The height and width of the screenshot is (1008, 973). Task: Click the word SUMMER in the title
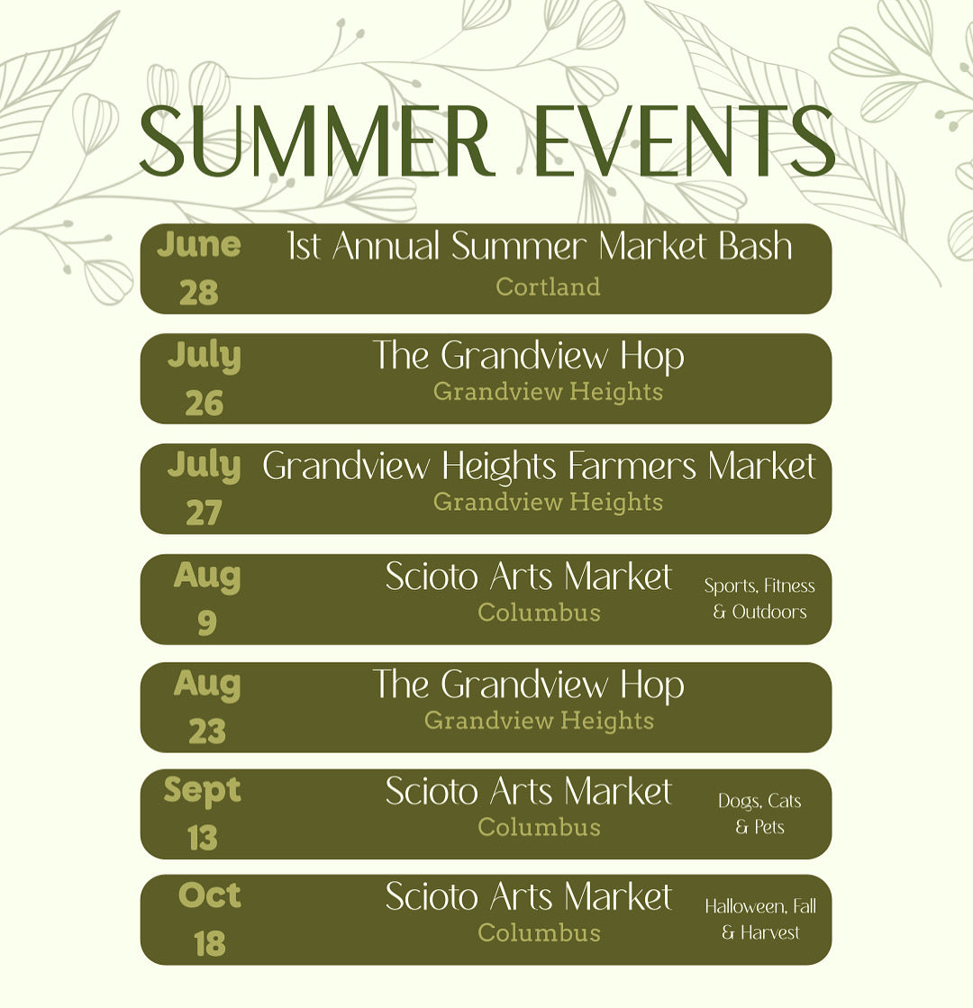tap(316, 141)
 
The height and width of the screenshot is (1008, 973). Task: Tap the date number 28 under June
tap(199, 293)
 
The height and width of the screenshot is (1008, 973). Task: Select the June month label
tap(199, 245)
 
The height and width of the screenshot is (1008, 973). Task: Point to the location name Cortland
tap(548, 286)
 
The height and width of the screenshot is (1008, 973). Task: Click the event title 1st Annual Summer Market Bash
tap(540, 246)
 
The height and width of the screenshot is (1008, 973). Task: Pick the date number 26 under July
tap(204, 404)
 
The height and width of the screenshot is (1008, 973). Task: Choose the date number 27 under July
tap(204, 513)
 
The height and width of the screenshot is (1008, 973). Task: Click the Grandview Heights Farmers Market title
tap(539, 467)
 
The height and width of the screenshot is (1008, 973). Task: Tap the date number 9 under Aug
tap(206, 622)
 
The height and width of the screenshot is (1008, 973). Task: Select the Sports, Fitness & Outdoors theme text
tap(759, 598)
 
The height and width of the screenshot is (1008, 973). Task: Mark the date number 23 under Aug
tap(207, 731)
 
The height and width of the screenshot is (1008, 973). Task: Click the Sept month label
tap(202, 791)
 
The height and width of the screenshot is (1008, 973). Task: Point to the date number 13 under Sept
tap(203, 839)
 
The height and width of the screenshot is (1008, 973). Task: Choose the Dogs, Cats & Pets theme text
tap(759, 813)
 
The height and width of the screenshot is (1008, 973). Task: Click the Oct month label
tap(210, 894)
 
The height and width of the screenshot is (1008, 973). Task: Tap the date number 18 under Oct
tap(210, 944)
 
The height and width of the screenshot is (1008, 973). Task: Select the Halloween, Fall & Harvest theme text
tap(760, 920)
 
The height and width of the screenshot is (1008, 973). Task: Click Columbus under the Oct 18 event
tap(539, 933)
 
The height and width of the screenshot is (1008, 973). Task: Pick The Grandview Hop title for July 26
tap(529, 356)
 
